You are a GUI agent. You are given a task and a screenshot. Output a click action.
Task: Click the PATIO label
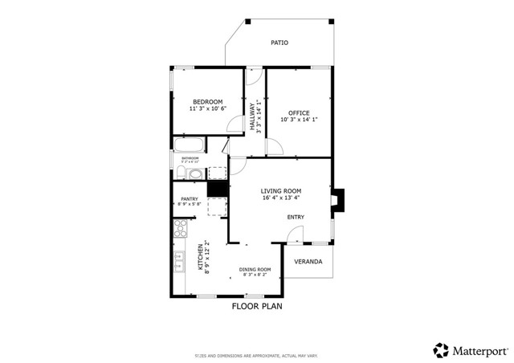point(279,43)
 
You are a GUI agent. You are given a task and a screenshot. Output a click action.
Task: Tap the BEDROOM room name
point(207,101)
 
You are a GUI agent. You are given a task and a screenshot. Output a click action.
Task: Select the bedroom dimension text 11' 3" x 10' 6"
point(207,108)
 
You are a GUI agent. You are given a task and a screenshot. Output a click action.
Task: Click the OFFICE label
point(299,112)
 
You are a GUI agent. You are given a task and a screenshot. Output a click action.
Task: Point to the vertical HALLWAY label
point(252,117)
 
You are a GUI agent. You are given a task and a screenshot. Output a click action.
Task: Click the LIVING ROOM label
point(280,190)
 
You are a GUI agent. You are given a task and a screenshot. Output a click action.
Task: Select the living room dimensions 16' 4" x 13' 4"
point(280,198)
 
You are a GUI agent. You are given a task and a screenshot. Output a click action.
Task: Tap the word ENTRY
point(296,217)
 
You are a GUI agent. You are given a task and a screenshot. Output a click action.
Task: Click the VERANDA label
point(308,262)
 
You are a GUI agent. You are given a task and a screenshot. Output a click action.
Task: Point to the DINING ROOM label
point(255,269)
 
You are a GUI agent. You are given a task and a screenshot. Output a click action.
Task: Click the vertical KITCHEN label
point(201,256)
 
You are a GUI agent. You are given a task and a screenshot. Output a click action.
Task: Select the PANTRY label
point(190,198)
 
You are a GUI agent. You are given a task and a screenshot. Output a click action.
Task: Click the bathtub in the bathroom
point(188,145)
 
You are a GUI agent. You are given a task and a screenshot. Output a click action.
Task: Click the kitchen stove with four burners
point(180,229)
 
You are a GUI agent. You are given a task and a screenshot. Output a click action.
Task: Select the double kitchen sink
point(178,261)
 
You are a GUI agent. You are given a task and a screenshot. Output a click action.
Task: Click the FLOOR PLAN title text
point(257,306)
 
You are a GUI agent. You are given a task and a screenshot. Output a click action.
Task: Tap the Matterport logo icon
point(441,350)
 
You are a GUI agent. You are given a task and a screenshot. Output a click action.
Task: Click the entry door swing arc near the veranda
point(296,235)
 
